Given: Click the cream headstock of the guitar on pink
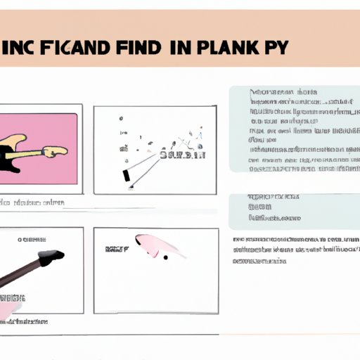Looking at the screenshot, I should coord(56,150).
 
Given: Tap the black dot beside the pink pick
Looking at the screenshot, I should coord(166,257).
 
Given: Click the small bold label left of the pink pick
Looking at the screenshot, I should coord(113,249).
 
